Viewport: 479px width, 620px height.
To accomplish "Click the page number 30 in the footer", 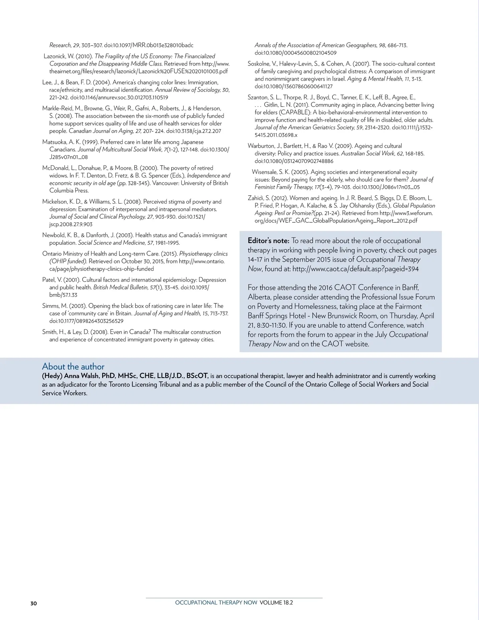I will tap(34, 603).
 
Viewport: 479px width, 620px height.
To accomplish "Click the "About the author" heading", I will tap(73, 366).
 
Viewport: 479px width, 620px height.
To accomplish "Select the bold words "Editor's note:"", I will tap(268, 241).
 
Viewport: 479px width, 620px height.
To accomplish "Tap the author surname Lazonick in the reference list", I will tap(56, 56).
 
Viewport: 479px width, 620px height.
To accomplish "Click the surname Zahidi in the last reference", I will tap(256, 198).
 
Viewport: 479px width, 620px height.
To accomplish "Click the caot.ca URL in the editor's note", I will tap(355, 269).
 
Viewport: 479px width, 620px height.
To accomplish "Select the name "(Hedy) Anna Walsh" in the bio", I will tap(70, 376).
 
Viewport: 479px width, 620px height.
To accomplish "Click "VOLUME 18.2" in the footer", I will tap(276, 603).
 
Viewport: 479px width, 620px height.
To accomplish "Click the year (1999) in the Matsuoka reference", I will tap(90, 142).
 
